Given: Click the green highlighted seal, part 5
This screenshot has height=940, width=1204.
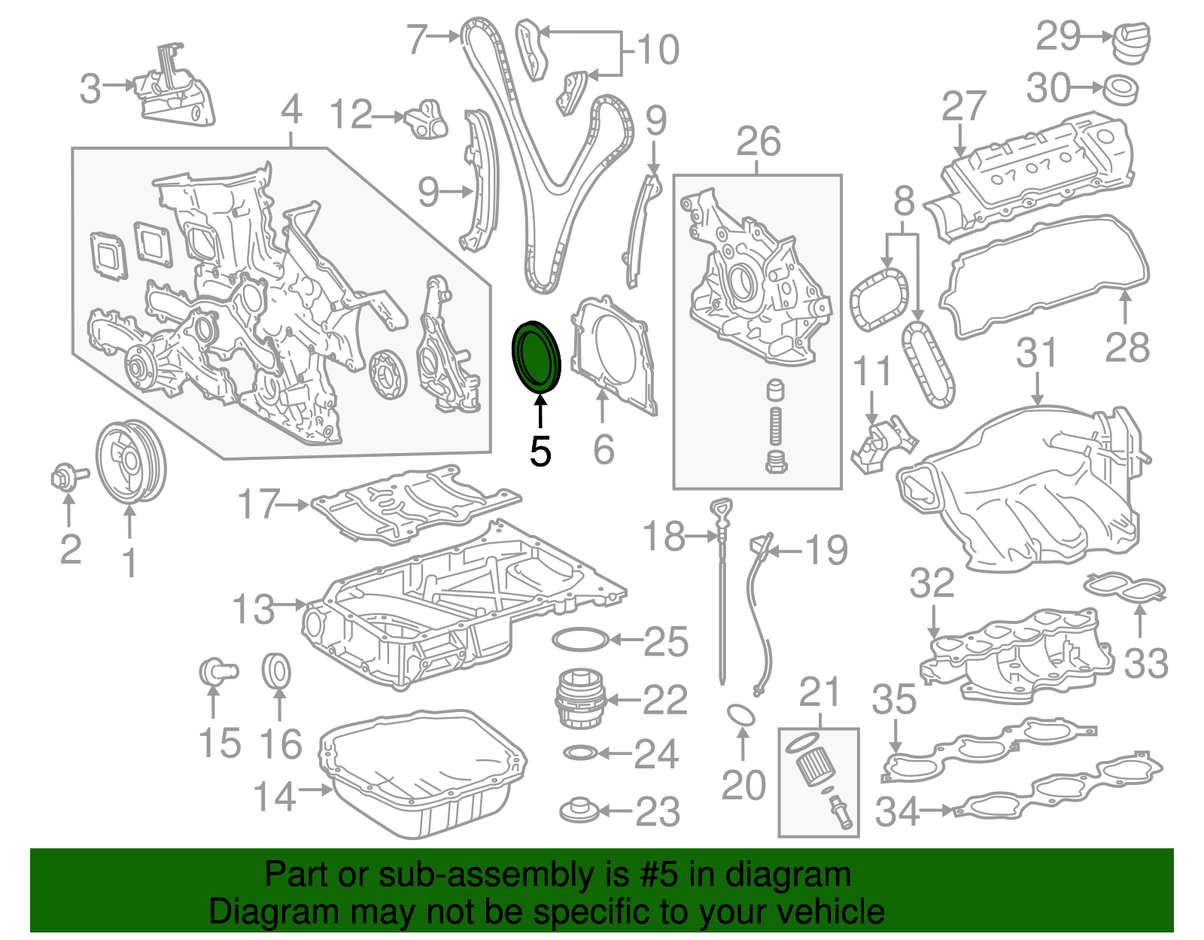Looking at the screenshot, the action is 537,356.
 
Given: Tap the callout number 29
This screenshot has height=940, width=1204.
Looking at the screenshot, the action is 1058,35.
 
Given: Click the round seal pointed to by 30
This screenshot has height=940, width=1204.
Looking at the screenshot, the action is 1120,90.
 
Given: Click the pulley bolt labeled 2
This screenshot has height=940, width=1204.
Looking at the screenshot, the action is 67,476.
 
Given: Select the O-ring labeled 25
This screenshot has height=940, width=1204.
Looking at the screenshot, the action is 580,640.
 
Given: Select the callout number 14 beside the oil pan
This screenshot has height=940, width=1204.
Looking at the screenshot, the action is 275,796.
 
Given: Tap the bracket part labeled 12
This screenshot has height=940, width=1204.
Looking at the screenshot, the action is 427,119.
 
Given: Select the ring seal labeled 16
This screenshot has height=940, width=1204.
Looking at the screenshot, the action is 276,671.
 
